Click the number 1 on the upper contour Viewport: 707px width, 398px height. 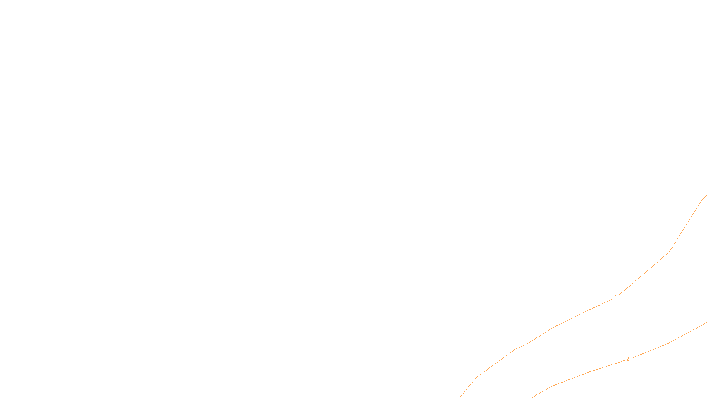pos(616,297)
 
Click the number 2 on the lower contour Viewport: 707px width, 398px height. pos(627,359)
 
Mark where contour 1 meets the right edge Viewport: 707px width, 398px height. pos(706,195)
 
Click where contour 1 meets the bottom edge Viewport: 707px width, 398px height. pos(460,397)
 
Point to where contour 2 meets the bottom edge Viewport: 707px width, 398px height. pos(532,397)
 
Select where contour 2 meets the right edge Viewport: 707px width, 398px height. pos(706,323)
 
